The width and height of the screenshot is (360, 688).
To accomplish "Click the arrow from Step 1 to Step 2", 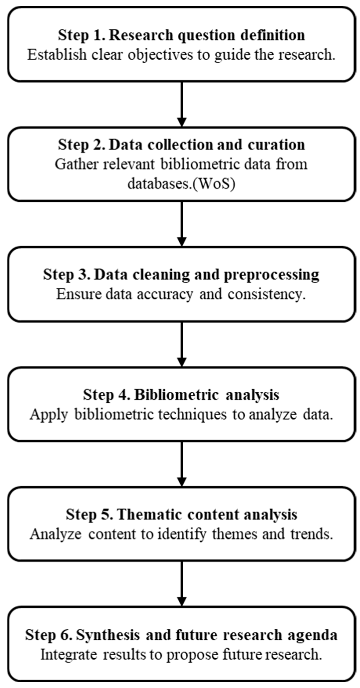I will [182, 104].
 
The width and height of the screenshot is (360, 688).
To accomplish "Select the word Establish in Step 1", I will [57, 55].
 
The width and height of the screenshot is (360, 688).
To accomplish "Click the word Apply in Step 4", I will [49, 415].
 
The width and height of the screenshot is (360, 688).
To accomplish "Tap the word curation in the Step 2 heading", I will [276, 145].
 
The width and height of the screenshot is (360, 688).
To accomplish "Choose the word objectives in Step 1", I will [160, 55].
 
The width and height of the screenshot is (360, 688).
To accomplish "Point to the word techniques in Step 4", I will [192, 415].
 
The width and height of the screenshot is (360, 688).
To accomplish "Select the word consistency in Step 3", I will [266, 294].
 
